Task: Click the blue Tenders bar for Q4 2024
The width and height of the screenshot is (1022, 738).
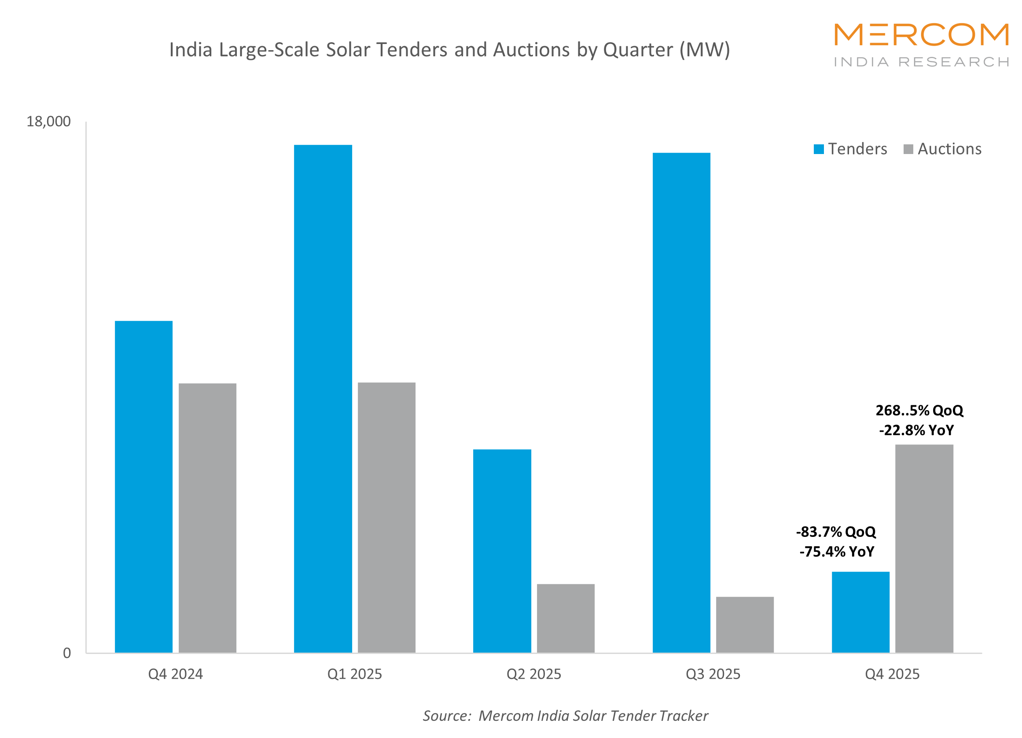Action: tap(144, 487)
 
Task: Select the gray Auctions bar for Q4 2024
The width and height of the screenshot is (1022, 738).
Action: tap(207, 518)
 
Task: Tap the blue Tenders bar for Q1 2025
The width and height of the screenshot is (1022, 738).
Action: tap(323, 399)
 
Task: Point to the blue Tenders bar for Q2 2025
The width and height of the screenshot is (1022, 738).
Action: tap(502, 551)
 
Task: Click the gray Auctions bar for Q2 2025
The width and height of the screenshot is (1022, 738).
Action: tap(566, 618)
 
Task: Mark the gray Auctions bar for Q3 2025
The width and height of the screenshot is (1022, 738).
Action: tap(745, 624)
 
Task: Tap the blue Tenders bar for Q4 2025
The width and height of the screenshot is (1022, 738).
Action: tap(860, 612)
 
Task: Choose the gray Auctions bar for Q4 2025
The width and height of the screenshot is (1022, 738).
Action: tap(924, 548)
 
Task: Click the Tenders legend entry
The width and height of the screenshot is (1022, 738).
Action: tap(851, 149)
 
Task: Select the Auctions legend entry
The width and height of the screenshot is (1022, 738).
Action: tap(943, 149)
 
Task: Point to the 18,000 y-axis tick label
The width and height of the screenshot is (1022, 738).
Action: tap(48, 121)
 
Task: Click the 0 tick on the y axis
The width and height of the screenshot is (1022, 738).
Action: tap(67, 653)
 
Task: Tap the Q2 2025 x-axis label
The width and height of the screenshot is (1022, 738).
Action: tap(533, 674)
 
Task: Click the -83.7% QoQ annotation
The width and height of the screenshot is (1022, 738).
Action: tap(836, 532)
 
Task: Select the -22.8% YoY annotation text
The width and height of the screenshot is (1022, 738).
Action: tap(916, 430)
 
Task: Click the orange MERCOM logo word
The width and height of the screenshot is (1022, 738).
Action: tap(921, 35)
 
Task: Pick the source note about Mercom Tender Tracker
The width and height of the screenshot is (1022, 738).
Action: tap(565, 716)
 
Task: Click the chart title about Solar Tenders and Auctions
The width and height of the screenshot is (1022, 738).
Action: tap(449, 50)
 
